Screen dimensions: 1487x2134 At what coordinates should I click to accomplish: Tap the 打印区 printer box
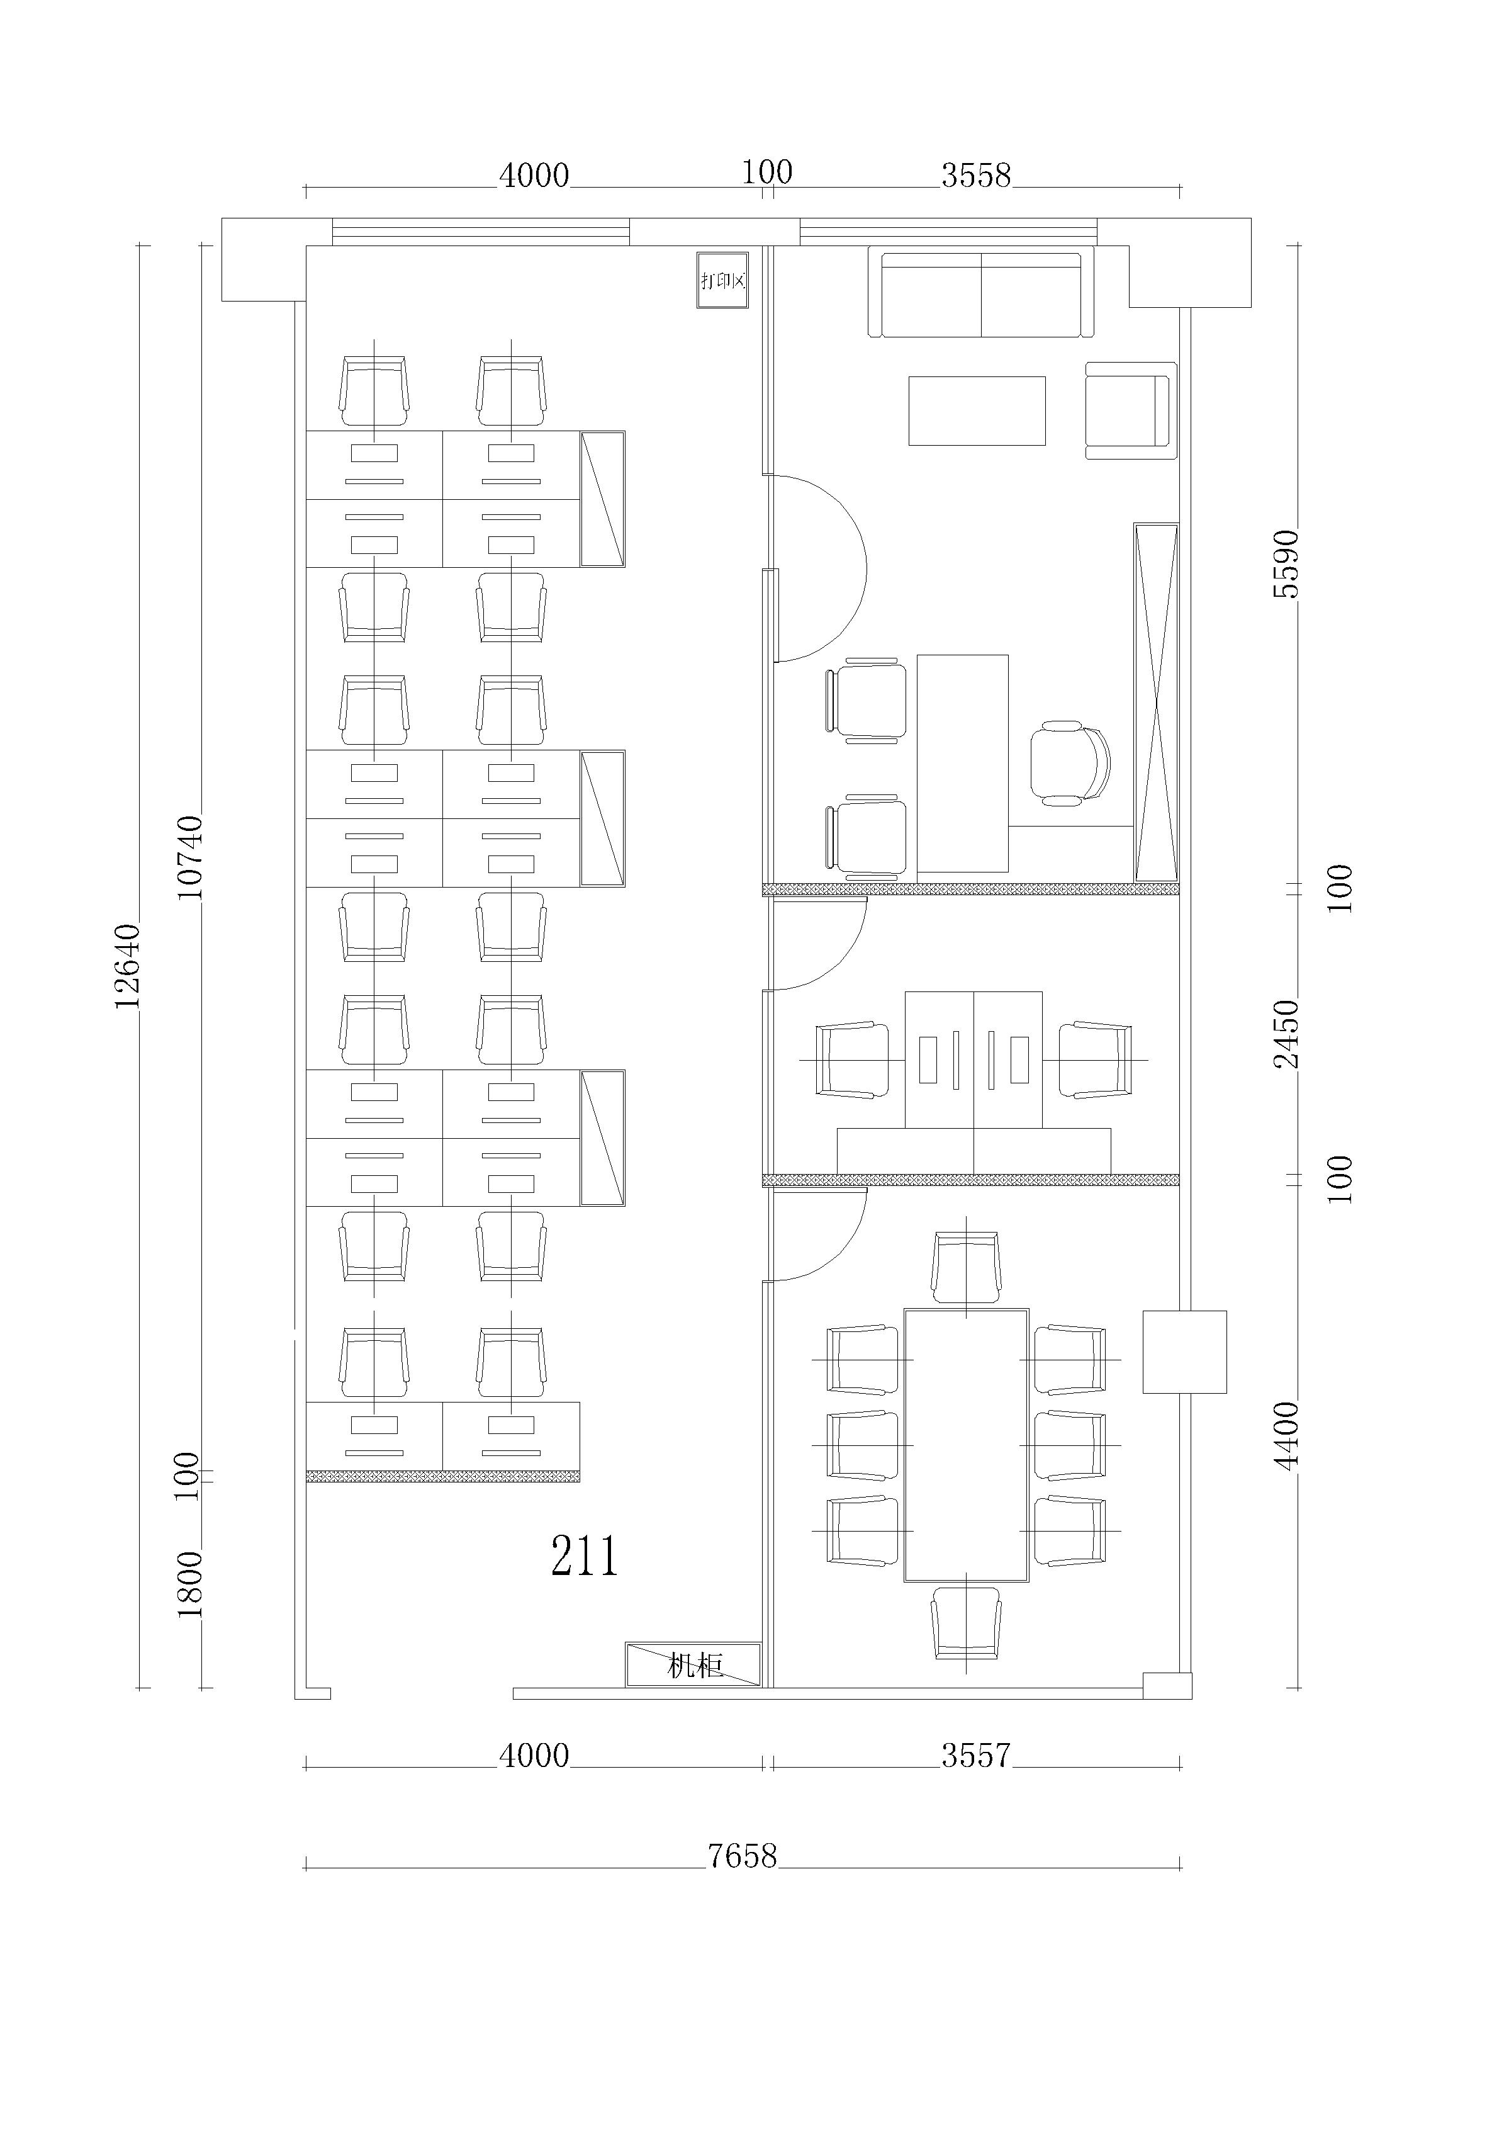(x=722, y=279)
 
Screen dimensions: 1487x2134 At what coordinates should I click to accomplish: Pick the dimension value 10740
(x=189, y=856)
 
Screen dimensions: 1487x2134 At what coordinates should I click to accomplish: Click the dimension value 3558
(x=976, y=175)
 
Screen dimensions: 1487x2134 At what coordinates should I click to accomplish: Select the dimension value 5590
(x=1286, y=564)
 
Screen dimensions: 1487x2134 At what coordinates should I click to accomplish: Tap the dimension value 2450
(x=1286, y=1034)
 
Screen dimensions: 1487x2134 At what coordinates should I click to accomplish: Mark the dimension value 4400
(x=1286, y=1436)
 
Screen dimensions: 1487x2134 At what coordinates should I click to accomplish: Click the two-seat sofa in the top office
(x=980, y=295)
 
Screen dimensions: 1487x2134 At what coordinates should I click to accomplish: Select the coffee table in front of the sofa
(x=977, y=411)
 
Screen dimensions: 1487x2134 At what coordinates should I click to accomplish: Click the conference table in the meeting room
(x=967, y=1445)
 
